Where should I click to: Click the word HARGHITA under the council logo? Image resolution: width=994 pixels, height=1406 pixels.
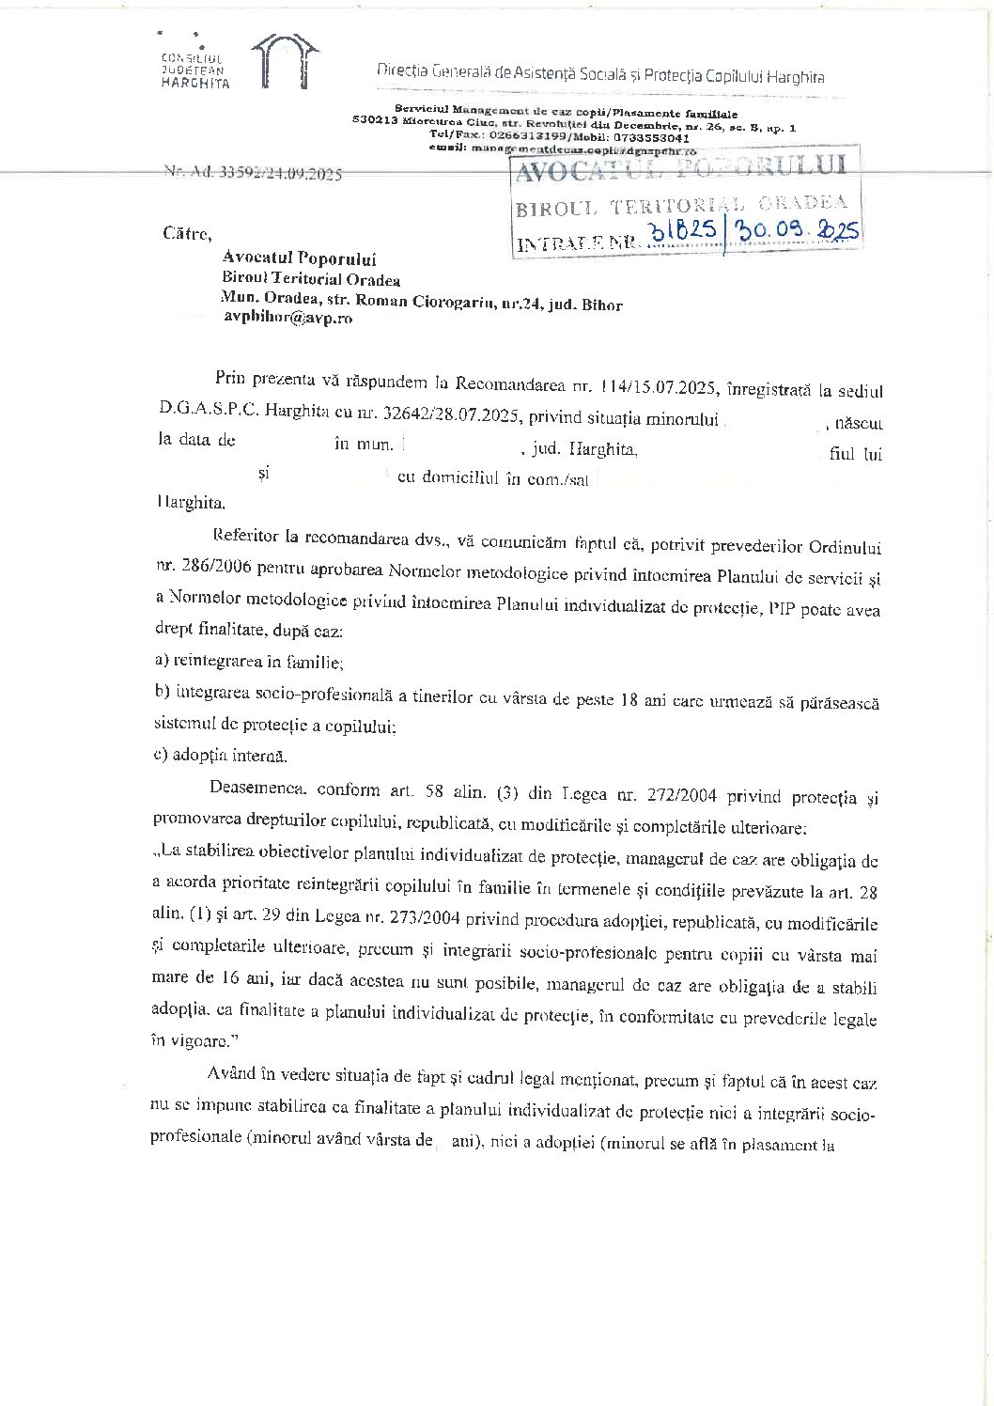coord(195,83)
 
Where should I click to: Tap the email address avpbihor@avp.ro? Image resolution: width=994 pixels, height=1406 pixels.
coord(287,318)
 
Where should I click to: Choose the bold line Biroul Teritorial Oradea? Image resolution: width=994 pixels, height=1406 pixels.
coord(311,279)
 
